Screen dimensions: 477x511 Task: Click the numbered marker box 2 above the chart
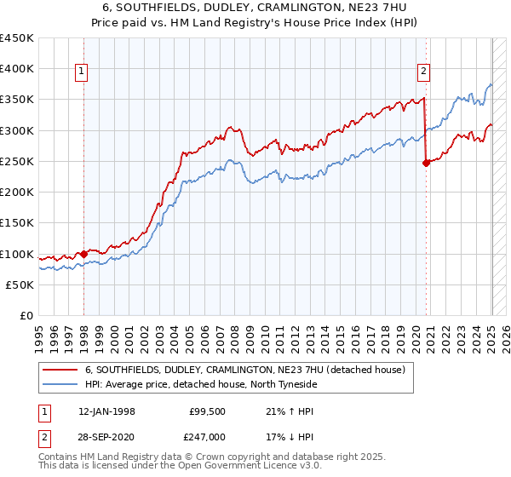(424, 72)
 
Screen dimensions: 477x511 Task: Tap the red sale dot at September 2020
(426, 164)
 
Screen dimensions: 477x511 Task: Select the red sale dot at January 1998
(83, 254)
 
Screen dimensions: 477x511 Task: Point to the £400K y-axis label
(17, 69)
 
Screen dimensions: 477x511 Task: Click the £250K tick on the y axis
(17, 161)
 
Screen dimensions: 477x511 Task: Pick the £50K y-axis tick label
(20, 284)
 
